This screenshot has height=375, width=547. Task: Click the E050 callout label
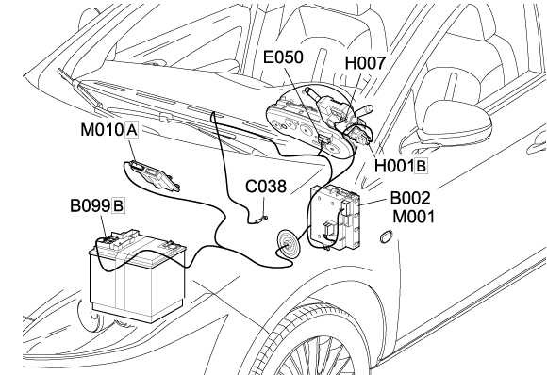pyautogui.click(x=283, y=57)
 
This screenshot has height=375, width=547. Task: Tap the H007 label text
pyautogui.click(x=365, y=63)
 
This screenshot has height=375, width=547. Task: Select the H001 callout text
pyautogui.click(x=394, y=166)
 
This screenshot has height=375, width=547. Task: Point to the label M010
pyautogui.click(x=102, y=130)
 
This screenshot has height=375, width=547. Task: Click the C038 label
pyautogui.click(x=266, y=187)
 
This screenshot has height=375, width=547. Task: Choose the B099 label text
pyautogui.click(x=91, y=205)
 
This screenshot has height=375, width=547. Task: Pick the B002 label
pyautogui.click(x=410, y=198)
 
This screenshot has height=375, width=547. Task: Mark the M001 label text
pyautogui.click(x=414, y=217)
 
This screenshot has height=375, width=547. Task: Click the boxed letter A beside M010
pyautogui.click(x=131, y=130)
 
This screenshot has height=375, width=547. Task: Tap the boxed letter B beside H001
pyautogui.click(x=421, y=166)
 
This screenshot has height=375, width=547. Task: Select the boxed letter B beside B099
pyautogui.click(x=118, y=206)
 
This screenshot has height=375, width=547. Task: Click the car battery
pyautogui.click(x=137, y=275)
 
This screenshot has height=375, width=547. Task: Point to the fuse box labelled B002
pyautogui.click(x=336, y=217)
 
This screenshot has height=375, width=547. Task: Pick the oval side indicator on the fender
pyautogui.click(x=386, y=236)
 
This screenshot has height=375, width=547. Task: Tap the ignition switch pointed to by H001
pyautogui.click(x=358, y=134)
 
